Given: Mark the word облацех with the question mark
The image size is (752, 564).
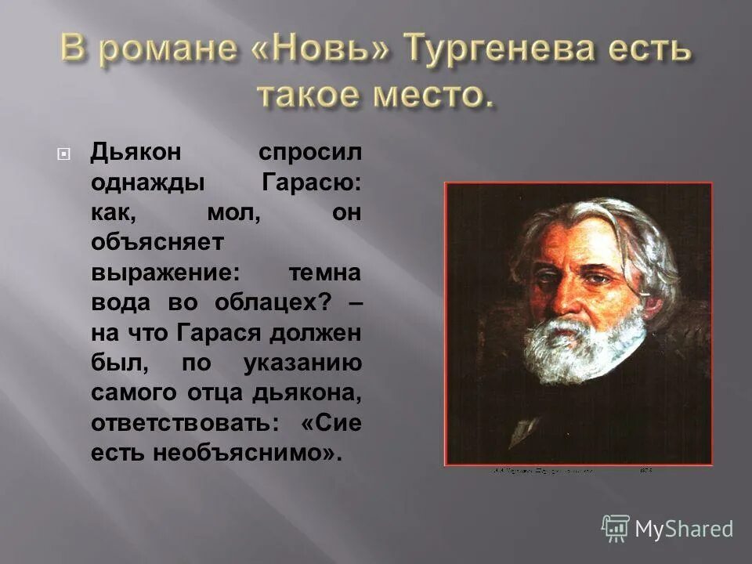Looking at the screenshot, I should pyautogui.click(x=275, y=304).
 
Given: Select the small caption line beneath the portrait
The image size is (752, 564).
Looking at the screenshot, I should pyautogui.click(x=572, y=472).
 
